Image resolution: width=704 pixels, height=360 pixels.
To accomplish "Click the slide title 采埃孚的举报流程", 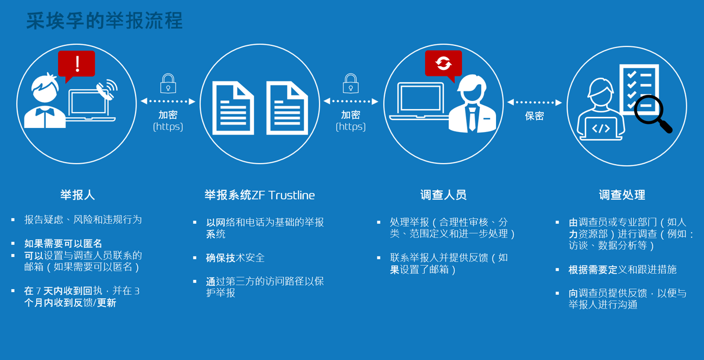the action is click(105, 21).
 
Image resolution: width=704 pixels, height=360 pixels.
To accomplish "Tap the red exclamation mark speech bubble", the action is click(76, 65).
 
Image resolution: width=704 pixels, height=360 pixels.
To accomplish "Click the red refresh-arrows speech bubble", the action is click(444, 64).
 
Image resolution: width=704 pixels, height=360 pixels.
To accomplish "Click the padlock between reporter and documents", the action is click(168, 83).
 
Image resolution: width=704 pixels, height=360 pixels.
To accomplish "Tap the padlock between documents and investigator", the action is click(351, 83).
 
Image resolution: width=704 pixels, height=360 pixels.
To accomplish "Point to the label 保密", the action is click(534, 116).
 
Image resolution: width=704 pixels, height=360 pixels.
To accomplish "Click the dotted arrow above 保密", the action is click(534, 102).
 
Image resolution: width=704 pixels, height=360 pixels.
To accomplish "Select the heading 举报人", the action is click(77, 195).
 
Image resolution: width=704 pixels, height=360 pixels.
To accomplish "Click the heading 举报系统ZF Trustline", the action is click(259, 195).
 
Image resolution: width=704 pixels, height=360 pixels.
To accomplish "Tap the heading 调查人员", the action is click(444, 195).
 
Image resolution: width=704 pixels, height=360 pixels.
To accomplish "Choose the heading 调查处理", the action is click(622, 195).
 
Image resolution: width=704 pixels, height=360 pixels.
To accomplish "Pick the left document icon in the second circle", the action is click(233, 108).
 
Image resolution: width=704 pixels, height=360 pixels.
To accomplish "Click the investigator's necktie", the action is click(472, 119).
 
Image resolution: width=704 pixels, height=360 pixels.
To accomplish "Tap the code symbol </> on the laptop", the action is click(601, 128).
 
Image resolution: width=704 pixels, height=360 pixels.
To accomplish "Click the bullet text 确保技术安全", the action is click(235, 258).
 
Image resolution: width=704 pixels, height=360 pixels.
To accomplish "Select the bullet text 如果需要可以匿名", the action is click(63, 243).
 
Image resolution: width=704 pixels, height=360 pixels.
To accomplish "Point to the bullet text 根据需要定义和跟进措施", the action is click(622, 269).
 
